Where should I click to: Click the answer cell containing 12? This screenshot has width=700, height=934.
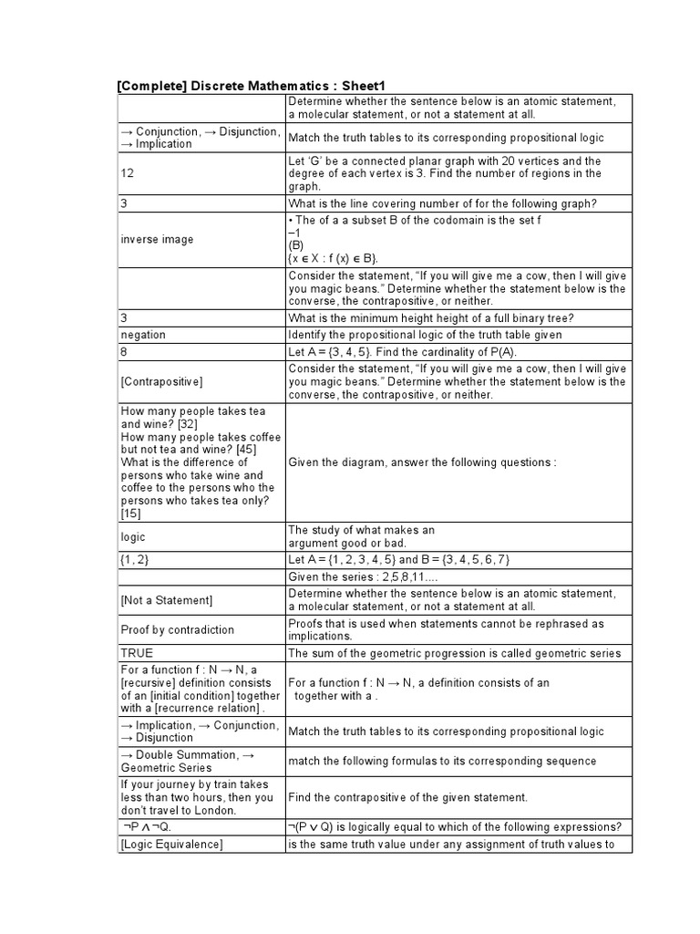(x=128, y=173)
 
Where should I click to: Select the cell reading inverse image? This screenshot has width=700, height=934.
(x=157, y=240)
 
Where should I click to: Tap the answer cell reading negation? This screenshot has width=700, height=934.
(x=143, y=335)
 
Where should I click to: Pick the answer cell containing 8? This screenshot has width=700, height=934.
(x=125, y=351)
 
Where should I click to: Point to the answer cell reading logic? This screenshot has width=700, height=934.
(x=133, y=537)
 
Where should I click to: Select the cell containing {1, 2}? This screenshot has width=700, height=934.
(x=135, y=559)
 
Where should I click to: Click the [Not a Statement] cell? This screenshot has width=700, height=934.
(x=166, y=600)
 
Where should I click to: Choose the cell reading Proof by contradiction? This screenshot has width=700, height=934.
(x=177, y=629)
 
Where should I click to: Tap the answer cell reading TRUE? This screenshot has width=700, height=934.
(x=137, y=653)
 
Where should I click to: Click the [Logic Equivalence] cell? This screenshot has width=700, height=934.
(x=171, y=845)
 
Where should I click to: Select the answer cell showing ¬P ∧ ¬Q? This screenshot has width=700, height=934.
(x=146, y=827)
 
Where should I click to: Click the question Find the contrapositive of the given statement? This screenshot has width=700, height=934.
(x=407, y=797)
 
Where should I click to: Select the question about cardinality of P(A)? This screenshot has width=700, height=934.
(x=402, y=351)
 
